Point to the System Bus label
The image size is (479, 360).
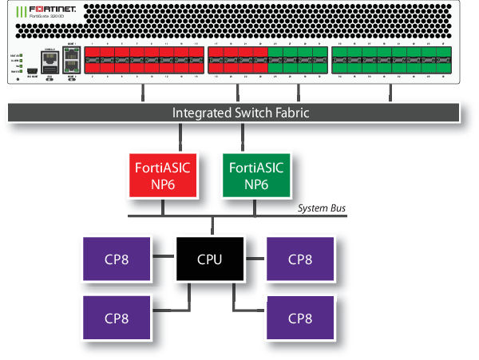[x=322, y=208]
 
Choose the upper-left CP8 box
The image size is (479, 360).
[x=116, y=259]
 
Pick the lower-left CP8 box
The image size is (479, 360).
[x=116, y=317]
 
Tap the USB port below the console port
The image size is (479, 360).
[x=49, y=70]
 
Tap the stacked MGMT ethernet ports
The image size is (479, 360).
[x=71, y=61]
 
